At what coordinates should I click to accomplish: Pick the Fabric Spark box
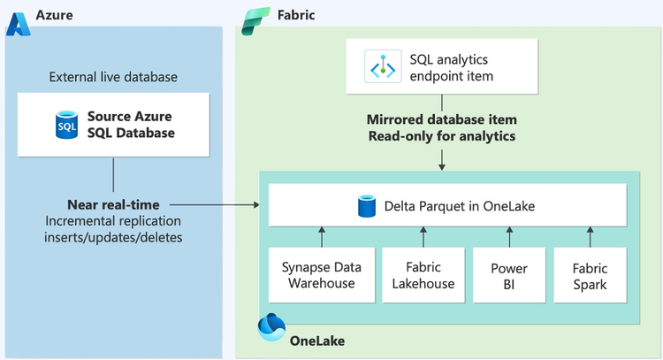point(589,276)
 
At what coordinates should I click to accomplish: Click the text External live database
point(113,77)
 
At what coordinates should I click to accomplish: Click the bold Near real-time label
point(113,204)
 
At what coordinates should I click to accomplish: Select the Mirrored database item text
point(442,119)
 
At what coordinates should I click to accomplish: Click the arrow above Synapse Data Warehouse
point(321,236)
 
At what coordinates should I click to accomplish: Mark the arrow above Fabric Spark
point(589,236)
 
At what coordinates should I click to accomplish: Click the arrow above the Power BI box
point(508,236)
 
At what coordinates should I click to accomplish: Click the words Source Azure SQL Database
point(130,125)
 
